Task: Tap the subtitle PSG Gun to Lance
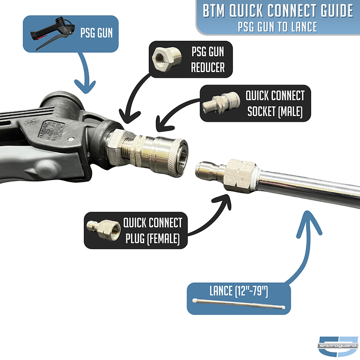(x=277, y=26)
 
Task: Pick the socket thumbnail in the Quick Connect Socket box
(x=218, y=104)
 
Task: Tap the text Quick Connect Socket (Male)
(x=274, y=103)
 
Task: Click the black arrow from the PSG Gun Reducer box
(x=130, y=105)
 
